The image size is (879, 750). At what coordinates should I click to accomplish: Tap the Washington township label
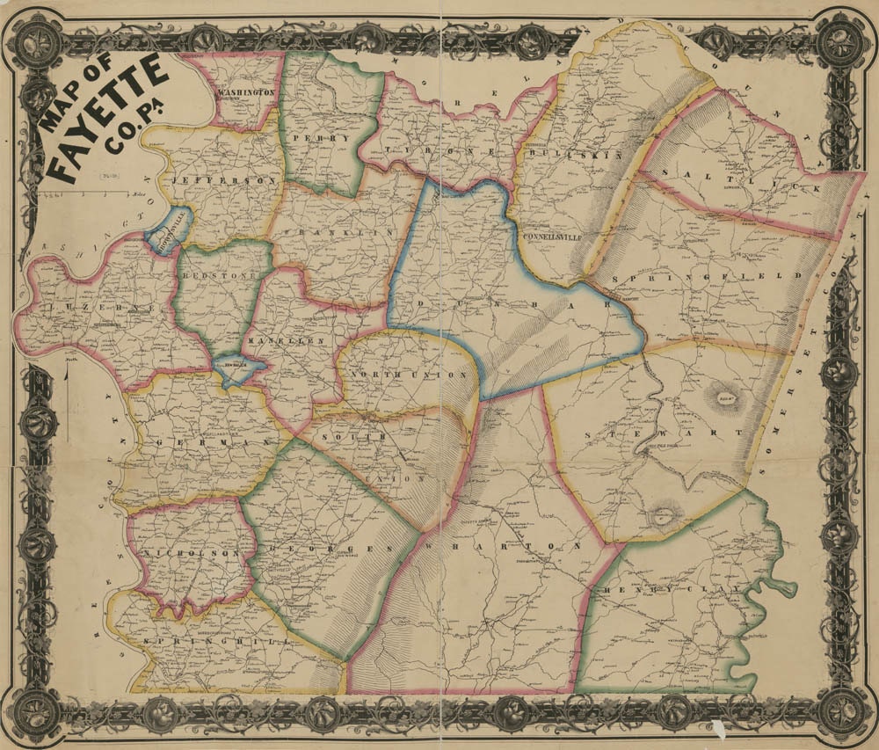coord(248,92)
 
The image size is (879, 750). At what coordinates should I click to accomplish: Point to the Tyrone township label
coord(435,151)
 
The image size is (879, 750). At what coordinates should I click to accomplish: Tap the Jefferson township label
coord(225,179)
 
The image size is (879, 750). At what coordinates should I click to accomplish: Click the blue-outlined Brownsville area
coord(168,232)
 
